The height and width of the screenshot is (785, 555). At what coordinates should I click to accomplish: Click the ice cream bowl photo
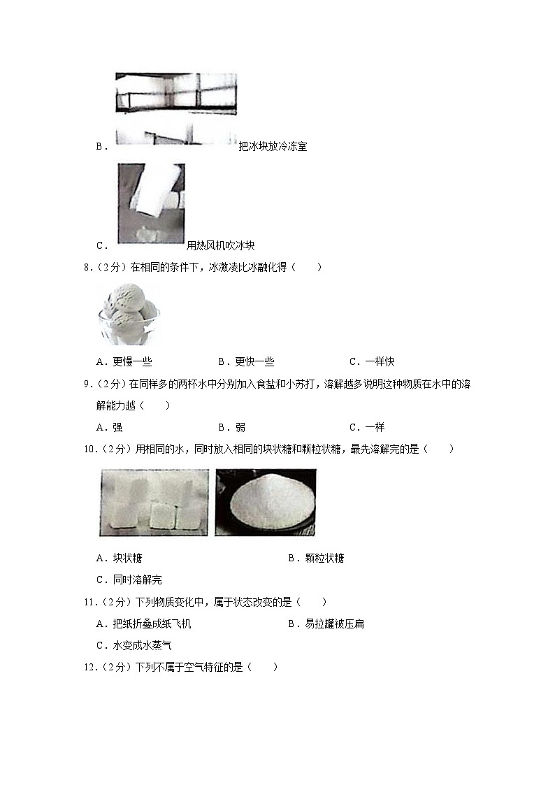tap(129, 314)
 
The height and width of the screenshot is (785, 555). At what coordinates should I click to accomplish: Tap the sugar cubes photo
tap(154, 503)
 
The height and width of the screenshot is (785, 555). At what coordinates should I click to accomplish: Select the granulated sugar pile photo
tap(266, 503)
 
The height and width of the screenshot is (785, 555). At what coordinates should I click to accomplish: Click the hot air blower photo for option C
tap(151, 203)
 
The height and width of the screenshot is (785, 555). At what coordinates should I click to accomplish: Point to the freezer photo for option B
tap(176, 109)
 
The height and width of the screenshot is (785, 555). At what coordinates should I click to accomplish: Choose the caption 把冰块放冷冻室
tap(273, 146)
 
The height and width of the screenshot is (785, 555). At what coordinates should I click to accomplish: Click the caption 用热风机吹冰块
tap(221, 245)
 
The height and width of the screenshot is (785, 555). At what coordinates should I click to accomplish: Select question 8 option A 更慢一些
tap(124, 361)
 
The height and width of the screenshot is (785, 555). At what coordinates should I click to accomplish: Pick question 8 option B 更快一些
tap(246, 361)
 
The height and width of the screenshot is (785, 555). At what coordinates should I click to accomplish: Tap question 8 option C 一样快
tap(372, 361)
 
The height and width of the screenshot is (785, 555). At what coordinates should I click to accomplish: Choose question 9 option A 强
tap(109, 427)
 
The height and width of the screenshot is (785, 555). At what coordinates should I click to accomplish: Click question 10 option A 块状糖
tap(119, 558)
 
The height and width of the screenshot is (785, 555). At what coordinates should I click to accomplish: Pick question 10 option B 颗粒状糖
tap(316, 558)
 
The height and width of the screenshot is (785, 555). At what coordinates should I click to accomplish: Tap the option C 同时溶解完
tap(129, 579)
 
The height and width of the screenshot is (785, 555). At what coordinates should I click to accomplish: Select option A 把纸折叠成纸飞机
tap(143, 624)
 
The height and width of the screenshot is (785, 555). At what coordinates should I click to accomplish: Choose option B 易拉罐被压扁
tap(326, 624)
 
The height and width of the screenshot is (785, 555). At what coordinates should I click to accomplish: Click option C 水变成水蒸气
tap(134, 645)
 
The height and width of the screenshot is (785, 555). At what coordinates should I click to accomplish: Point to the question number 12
tap(91, 667)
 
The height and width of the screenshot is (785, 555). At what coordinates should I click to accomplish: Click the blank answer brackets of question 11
tap(311, 602)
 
